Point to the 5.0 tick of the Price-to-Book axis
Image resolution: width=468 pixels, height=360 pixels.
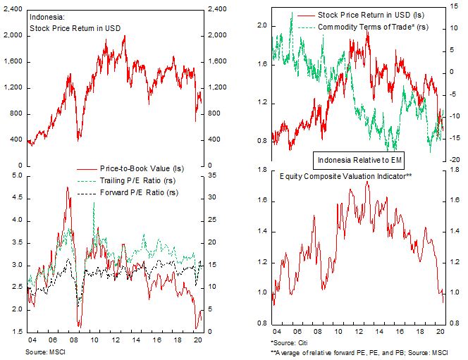[x=17, y=175]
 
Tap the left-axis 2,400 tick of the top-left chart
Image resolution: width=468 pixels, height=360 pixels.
[x=13, y=9]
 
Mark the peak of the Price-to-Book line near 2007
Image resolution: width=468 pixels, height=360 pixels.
[x=68, y=187]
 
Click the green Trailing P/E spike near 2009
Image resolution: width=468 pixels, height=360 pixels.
[x=94, y=203]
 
